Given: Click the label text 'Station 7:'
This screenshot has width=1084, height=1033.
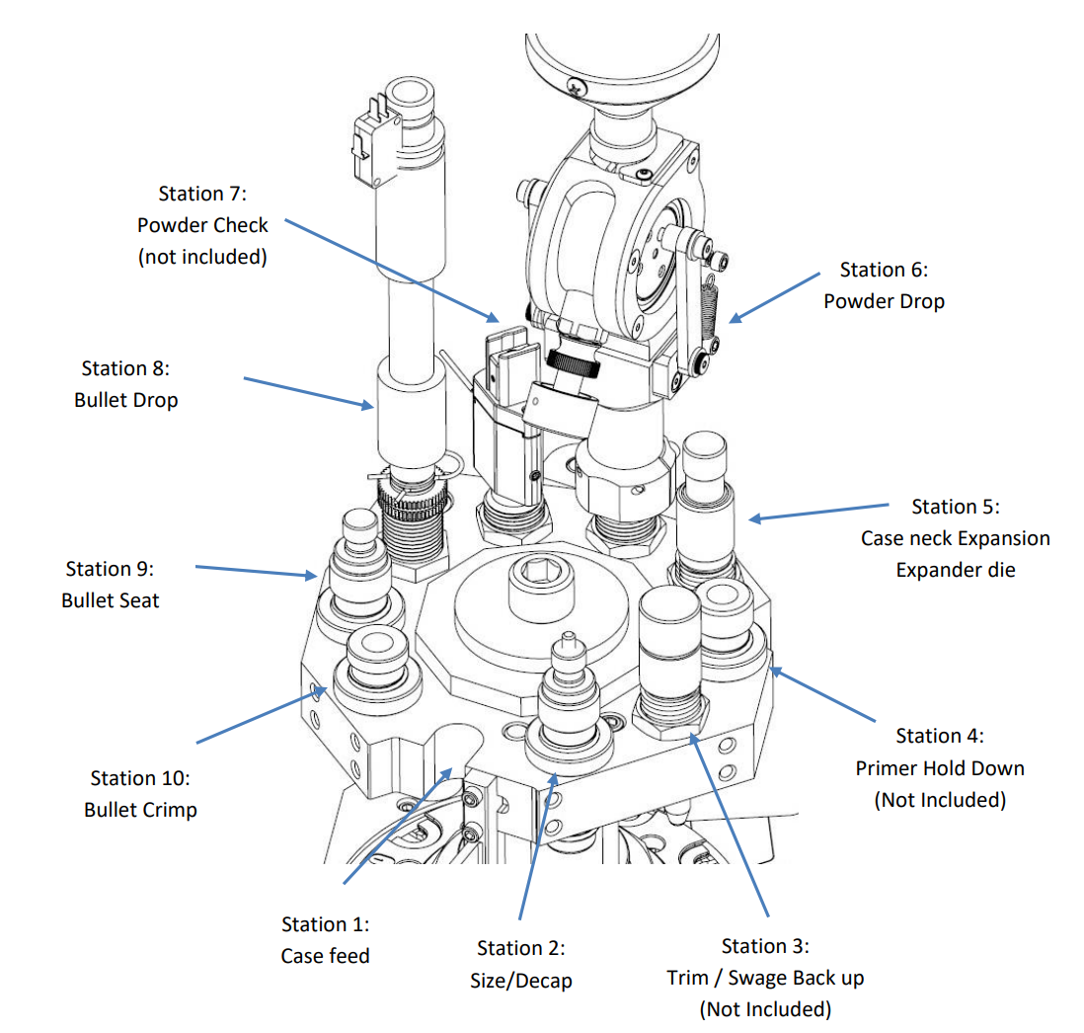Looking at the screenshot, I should coord(202,194).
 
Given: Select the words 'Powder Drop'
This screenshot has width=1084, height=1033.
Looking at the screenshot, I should coord(884,301).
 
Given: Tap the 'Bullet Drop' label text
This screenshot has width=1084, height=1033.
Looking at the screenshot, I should coord(125,401).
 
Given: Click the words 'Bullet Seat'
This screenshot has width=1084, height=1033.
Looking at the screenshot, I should coord(110,600).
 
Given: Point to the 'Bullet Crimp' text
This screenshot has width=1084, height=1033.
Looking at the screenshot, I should coord(140,810).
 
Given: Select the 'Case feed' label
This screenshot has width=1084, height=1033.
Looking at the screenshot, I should coord(325,956).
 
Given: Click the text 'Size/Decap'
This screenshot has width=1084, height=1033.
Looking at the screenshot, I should coord(520,981).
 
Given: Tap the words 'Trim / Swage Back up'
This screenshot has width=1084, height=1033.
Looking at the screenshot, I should coord(765,978).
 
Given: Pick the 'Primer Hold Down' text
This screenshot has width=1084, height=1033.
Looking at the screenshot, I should coord(940,768).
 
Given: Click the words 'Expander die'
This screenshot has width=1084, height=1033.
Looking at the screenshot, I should coord(955,570).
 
